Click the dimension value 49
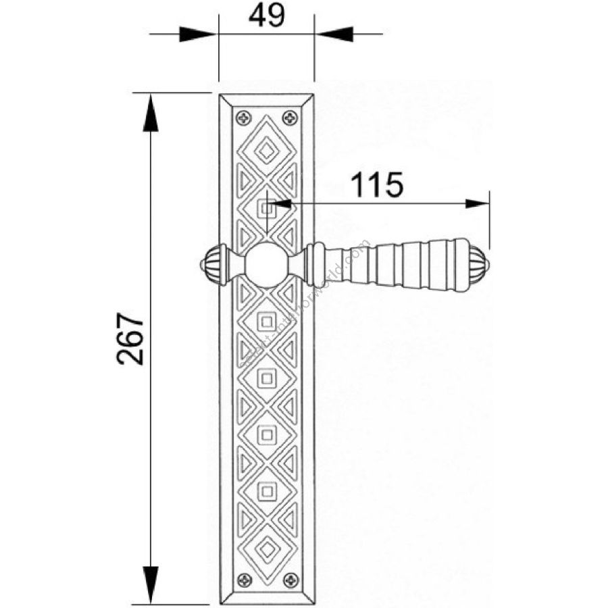(266, 16)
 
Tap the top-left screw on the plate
(243, 119)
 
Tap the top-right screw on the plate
(291, 119)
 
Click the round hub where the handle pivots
(267, 265)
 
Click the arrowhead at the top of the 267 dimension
(151, 111)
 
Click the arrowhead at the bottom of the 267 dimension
(151, 586)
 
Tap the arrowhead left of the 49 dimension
(198, 32)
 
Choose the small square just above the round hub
(267, 209)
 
